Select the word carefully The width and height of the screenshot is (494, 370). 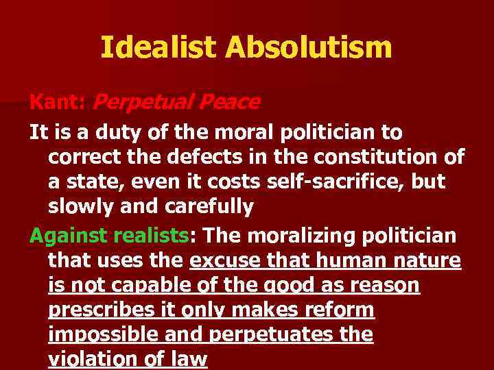208,206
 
